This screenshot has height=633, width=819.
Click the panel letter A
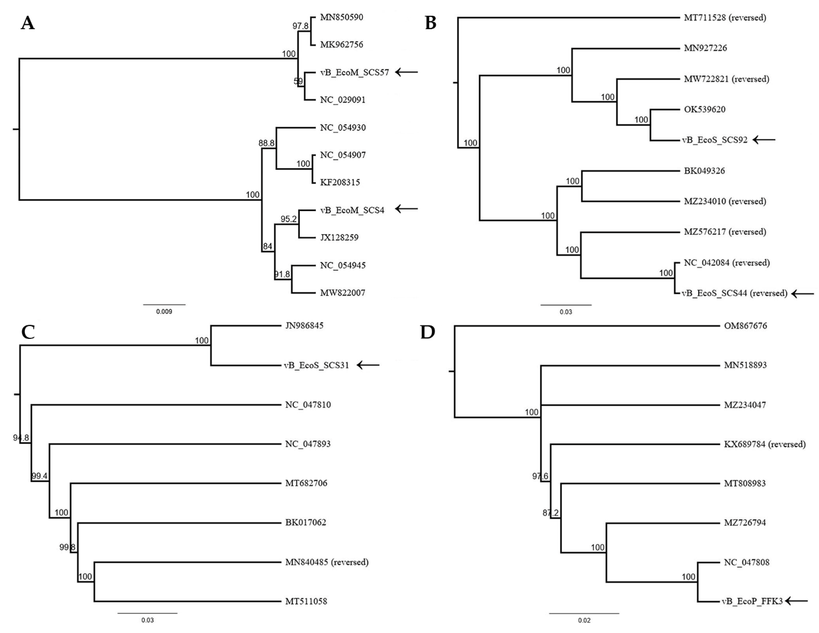point(28,23)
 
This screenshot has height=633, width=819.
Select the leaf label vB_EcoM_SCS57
point(354,72)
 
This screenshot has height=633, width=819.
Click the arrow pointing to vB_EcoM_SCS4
point(406,209)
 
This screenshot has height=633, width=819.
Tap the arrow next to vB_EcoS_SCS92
point(764,140)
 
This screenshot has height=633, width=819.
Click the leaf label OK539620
point(705,109)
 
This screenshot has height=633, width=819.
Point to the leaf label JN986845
point(304,325)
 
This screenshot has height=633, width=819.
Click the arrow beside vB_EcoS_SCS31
point(368,365)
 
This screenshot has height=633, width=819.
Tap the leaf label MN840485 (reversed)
point(327,562)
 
